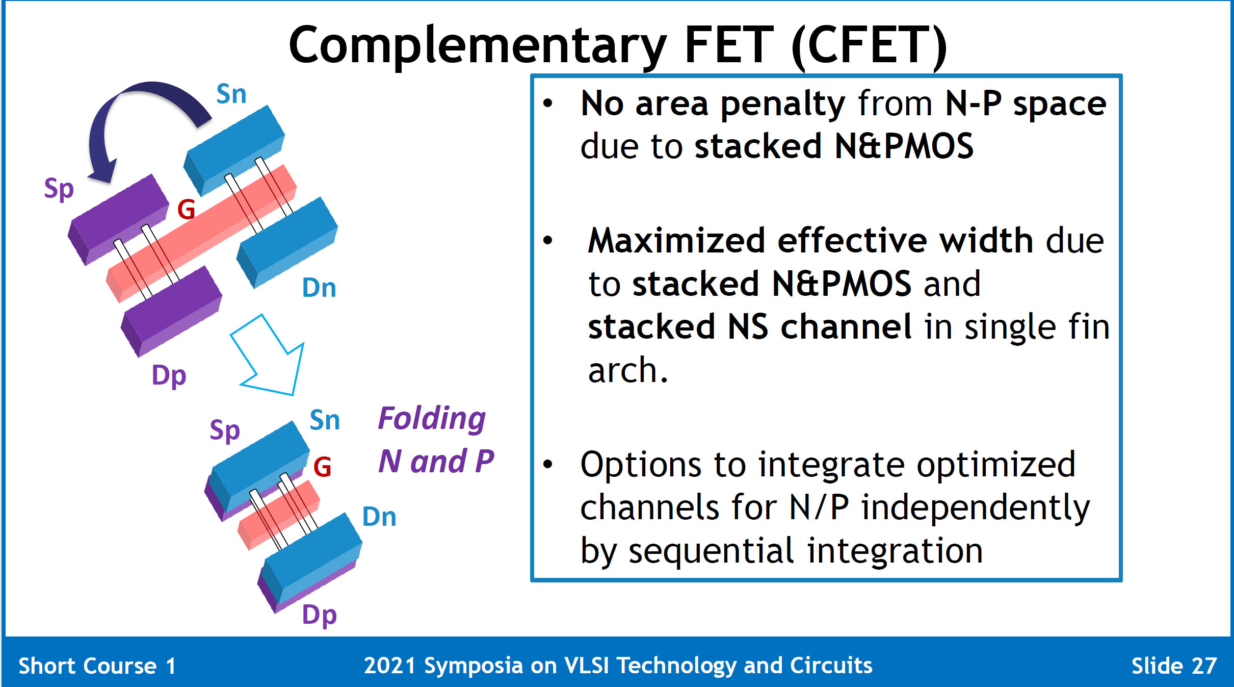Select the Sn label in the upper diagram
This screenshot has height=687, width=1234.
[x=231, y=94]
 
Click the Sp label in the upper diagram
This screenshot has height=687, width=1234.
[x=59, y=189]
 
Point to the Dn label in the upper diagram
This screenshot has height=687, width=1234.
[x=319, y=288]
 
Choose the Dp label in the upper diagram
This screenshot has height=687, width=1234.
[x=169, y=376]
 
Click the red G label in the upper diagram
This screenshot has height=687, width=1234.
[x=187, y=209]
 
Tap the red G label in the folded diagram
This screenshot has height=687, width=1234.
[x=323, y=467]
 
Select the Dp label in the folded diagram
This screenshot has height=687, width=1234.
[x=320, y=616]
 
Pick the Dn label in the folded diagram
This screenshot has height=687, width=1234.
[x=379, y=517]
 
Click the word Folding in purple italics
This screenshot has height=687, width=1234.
[x=432, y=419]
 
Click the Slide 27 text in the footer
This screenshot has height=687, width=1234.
[x=1174, y=666]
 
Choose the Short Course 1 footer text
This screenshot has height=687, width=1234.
[x=97, y=666]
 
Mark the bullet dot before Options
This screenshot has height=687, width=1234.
[x=548, y=464]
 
